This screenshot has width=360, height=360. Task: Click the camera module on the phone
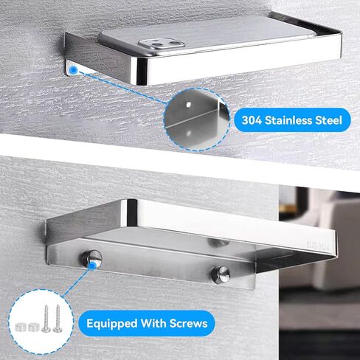click(162, 44)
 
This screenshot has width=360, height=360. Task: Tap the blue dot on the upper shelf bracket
click(73, 70)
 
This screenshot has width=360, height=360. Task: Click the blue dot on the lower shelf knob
click(93, 266)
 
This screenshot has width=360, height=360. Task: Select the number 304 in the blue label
click(252, 120)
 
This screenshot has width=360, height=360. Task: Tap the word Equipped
click(111, 324)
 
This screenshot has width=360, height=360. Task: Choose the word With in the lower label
click(153, 323)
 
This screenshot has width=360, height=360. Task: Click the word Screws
click(189, 323)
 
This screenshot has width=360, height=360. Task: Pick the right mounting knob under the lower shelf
click(221, 274)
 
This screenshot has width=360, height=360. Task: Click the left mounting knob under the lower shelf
click(92, 260)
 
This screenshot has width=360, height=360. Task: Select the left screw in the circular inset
click(46, 319)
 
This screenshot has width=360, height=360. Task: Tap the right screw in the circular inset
click(57, 319)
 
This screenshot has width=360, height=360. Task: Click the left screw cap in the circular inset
click(21, 327)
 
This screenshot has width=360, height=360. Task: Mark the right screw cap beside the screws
click(34, 327)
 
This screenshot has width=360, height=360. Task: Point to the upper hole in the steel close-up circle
click(188, 105)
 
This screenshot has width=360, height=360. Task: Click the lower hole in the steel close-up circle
click(189, 134)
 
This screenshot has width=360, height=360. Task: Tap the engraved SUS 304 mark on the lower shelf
click(317, 246)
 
